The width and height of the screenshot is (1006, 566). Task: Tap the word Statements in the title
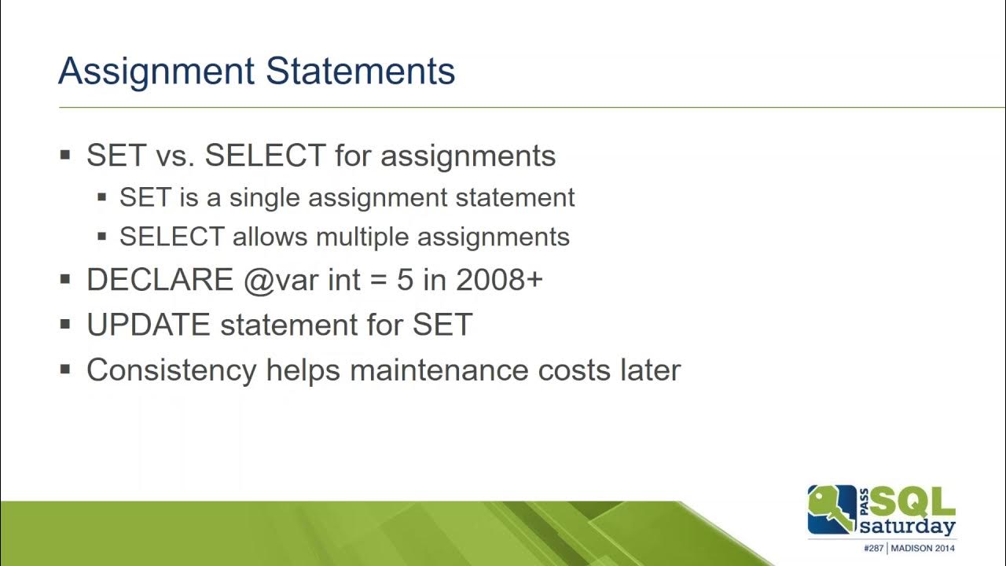coord(360,72)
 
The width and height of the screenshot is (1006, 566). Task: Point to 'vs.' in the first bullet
coord(176,156)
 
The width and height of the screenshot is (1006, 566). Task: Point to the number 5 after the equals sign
coord(405,280)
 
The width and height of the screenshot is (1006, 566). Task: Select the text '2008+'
coord(498,280)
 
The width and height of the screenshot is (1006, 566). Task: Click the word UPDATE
coord(149,325)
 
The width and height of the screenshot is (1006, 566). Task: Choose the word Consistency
coord(171,369)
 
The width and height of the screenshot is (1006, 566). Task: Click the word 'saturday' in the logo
coord(908,526)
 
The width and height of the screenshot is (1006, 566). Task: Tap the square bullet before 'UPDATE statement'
coord(65,325)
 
